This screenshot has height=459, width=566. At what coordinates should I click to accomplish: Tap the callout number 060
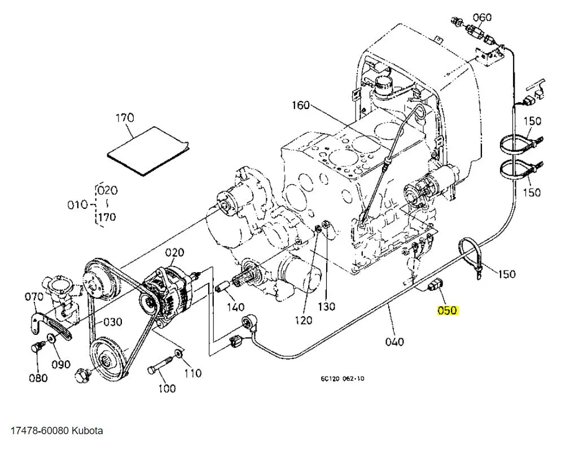(x=482, y=16)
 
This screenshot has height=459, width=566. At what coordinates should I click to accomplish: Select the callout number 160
(x=301, y=105)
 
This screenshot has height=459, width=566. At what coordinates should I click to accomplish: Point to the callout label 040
(x=394, y=341)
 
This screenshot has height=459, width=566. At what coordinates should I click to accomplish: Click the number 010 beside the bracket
(x=78, y=204)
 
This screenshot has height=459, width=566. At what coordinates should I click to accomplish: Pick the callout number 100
(x=166, y=388)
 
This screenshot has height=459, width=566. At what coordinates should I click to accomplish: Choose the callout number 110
(x=192, y=373)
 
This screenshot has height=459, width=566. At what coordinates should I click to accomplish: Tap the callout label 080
(x=38, y=378)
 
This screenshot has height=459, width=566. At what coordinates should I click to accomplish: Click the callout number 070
(x=34, y=295)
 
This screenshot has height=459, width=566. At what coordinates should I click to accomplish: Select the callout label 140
(x=235, y=307)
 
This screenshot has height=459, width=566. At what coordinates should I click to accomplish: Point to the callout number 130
(x=326, y=307)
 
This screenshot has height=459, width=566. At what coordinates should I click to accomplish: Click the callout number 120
(x=303, y=321)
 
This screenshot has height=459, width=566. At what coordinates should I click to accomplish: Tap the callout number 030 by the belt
(x=112, y=322)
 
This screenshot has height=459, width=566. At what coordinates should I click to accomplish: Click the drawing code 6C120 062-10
(x=339, y=378)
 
